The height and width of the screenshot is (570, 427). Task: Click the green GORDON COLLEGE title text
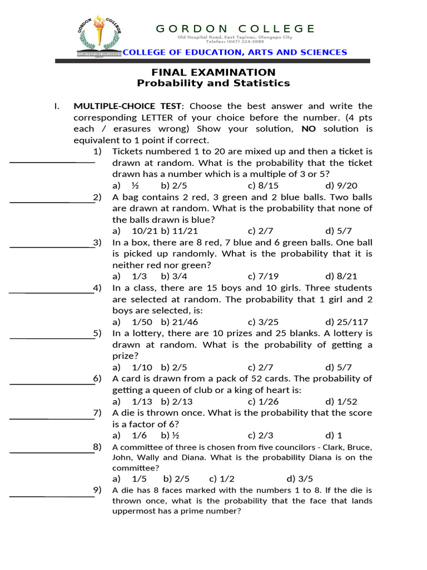pyautogui.click(x=235, y=28)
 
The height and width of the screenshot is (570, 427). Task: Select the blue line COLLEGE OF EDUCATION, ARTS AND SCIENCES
pyautogui.click(x=235, y=52)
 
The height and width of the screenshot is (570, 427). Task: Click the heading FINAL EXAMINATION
pyautogui.click(x=214, y=72)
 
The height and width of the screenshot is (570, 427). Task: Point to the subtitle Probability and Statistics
pyautogui.click(x=214, y=83)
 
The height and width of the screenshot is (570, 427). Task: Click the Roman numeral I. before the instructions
pyautogui.click(x=57, y=106)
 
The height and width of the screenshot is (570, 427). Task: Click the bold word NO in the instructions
pyautogui.click(x=309, y=129)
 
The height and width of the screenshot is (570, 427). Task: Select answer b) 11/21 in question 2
pyautogui.click(x=180, y=230)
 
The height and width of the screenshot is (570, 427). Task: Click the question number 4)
pyautogui.click(x=97, y=288)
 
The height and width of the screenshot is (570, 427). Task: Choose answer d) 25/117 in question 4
pyautogui.click(x=347, y=322)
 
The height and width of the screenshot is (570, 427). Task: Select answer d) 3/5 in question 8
pyautogui.click(x=300, y=479)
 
